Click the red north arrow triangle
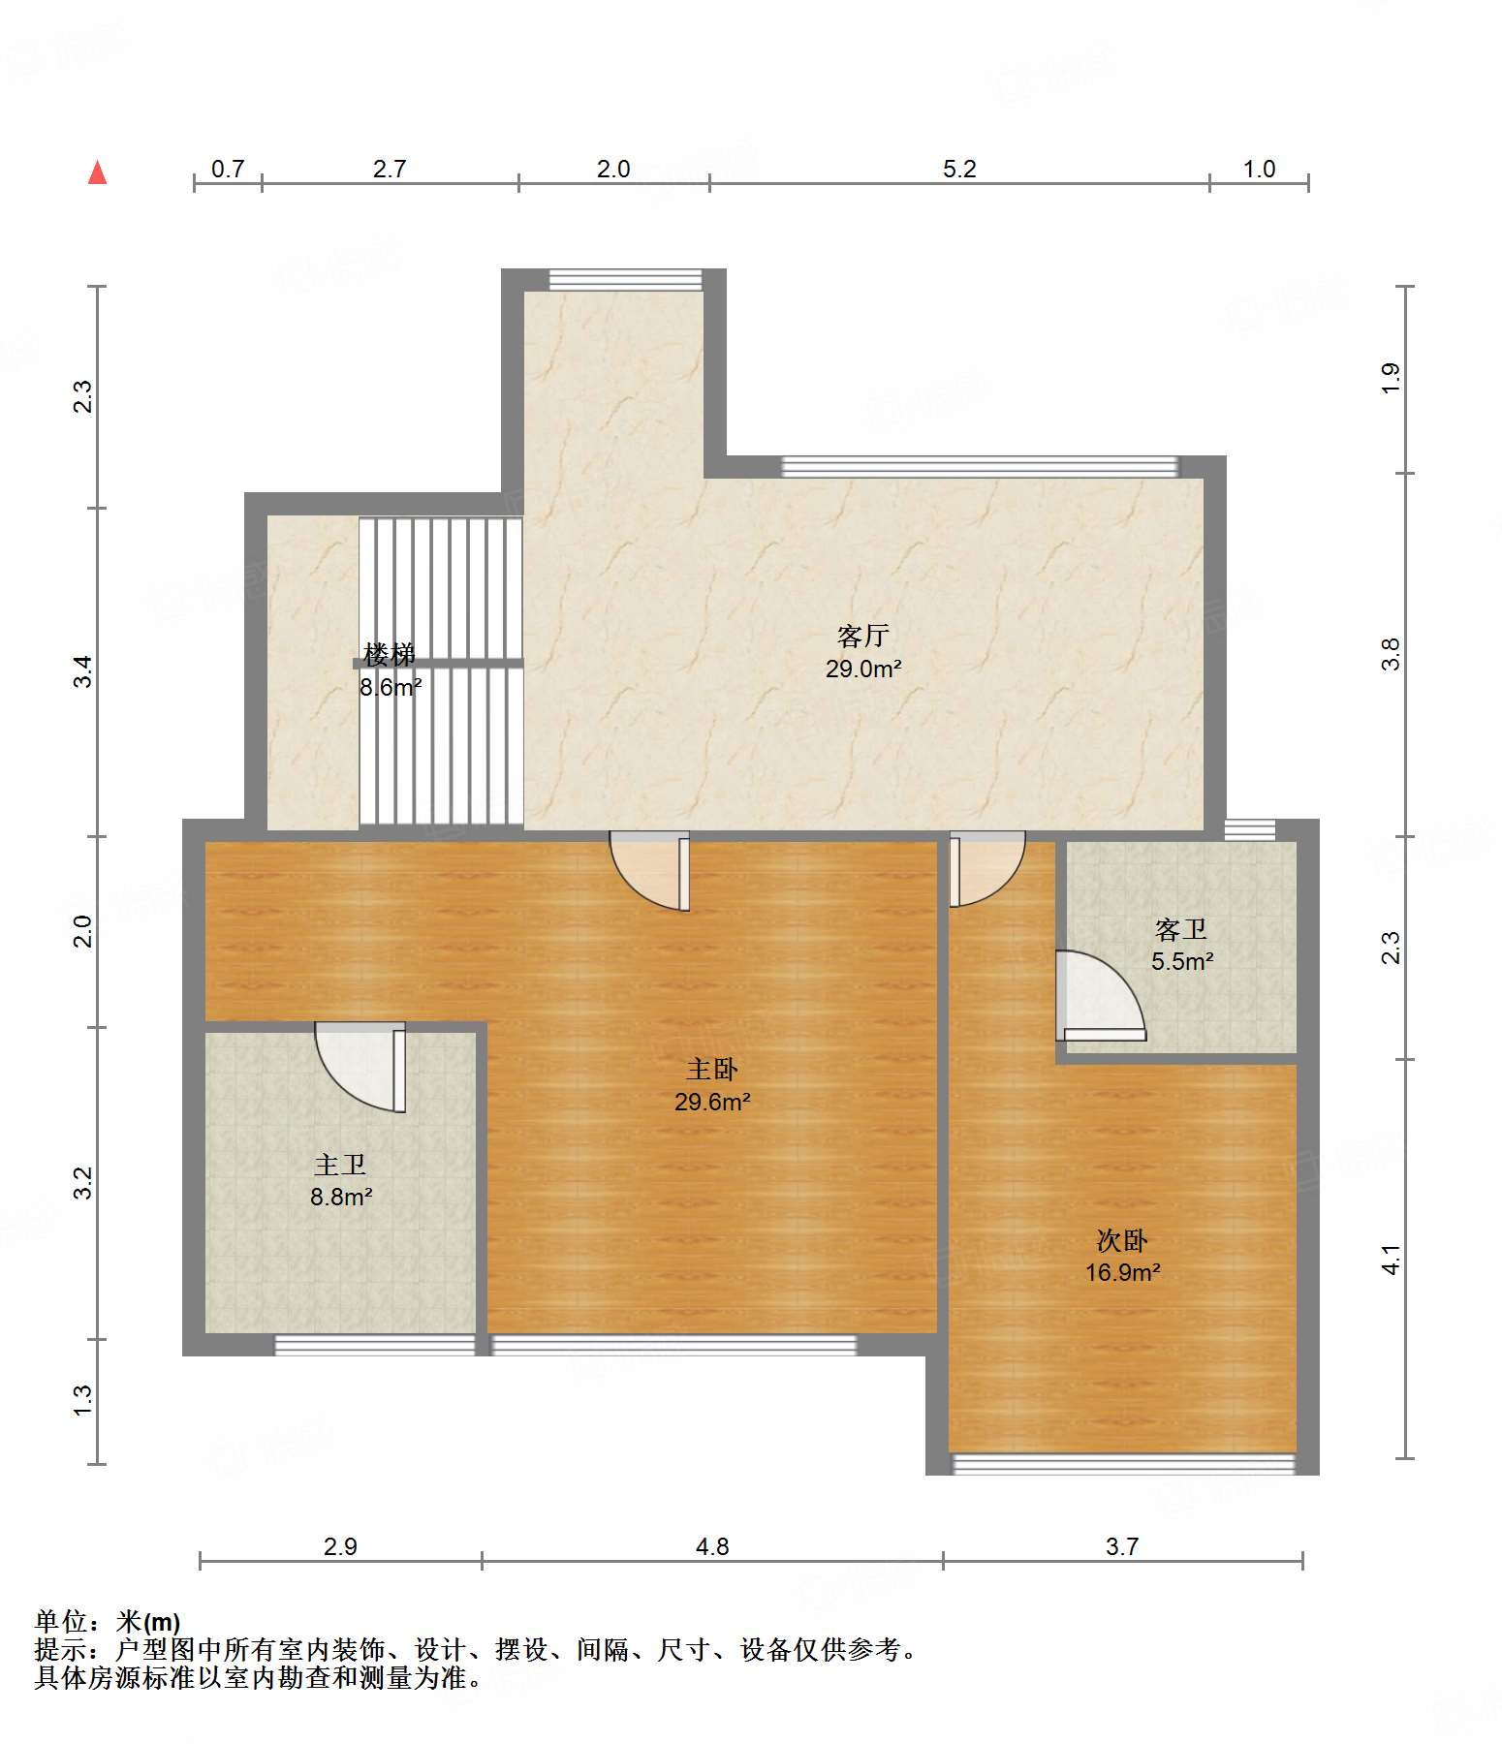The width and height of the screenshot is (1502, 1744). pyautogui.click(x=97, y=172)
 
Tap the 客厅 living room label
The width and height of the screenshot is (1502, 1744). pyautogui.click(x=862, y=637)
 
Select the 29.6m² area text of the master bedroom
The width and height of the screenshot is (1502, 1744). pyautogui.click(x=712, y=1102)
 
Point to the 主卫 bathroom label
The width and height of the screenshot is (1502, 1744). pyautogui.click(x=340, y=1166)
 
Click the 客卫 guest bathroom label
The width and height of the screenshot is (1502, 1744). pyautogui.click(x=1181, y=930)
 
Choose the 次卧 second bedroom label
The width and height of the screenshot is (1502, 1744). pyautogui.click(x=1122, y=1240)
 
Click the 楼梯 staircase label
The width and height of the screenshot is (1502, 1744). pyautogui.click(x=390, y=655)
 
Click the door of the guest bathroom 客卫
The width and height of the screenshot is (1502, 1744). pyautogui.click(x=1100, y=996)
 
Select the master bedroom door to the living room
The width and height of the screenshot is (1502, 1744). pyautogui.click(x=649, y=871)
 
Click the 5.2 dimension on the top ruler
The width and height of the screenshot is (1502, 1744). pyautogui.click(x=959, y=170)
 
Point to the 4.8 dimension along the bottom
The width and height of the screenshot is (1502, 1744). pyautogui.click(x=712, y=1547)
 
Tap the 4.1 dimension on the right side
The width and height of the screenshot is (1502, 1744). pyautogui.click(x=1391, y=1260)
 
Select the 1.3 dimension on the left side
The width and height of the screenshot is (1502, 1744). pyautogui.click(x=83, y=1399)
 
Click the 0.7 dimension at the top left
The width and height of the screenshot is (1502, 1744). pyautogui.click(x=228, y=170)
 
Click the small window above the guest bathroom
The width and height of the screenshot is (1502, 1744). pyautogui.click(x=1250, y=829)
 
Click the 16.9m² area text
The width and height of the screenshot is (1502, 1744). pyautogui.click(x=1122, y=1272)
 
